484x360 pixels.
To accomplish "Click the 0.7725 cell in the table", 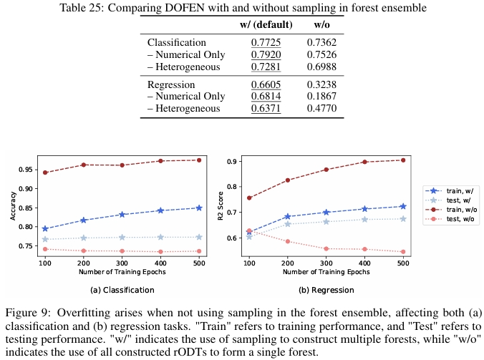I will [265, 43].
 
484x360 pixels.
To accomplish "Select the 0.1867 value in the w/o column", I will [323, 97].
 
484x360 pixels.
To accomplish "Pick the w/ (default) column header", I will [264, 25].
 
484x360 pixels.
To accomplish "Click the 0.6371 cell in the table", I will [265, 109].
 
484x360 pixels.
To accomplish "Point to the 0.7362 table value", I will [323, 43].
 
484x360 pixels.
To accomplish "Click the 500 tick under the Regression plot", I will [403, 264].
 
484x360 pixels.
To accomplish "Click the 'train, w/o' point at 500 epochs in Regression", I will [403, 160].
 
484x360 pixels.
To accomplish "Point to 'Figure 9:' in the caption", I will [29, 313].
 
